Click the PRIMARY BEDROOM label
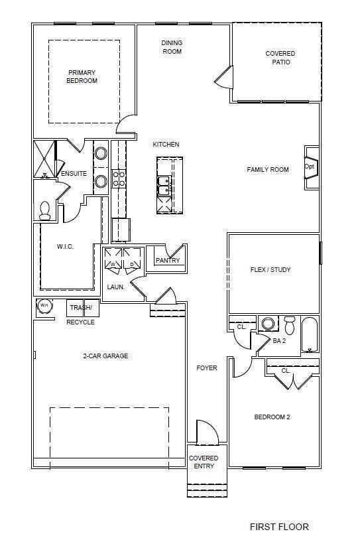[x=82, y=76]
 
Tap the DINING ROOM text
[x=172, y=47]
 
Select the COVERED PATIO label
[x=280, y=58]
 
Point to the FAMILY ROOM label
[x=268, y=170]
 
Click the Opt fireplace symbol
[x=312, y=167]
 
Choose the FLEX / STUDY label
[x=270, y=269]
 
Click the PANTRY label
[x=168, y=261]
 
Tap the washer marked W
[x=113, y=258]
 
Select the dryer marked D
[x=132, y=258]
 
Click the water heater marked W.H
[x=44, y=306]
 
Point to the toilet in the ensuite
[x=45, y=211]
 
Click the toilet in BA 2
[x=289, y=325]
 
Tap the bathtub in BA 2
[x=309, y=334]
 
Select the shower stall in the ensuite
[x=44, y=159]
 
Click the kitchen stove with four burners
[x=119, y=178]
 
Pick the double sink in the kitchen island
[x=164, y=186]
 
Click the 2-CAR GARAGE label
[x=105, y=356]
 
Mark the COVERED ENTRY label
[x=204, y=462]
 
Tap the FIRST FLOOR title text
[x=279, y=527]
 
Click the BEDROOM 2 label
[x=272, y=417]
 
